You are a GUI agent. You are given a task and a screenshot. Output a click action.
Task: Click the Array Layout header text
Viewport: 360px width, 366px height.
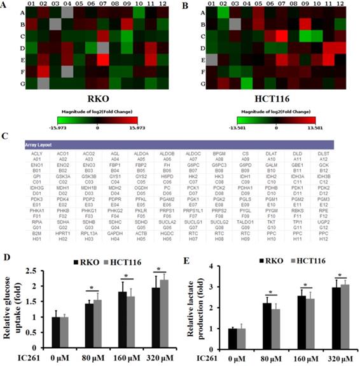tap(43, 146)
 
